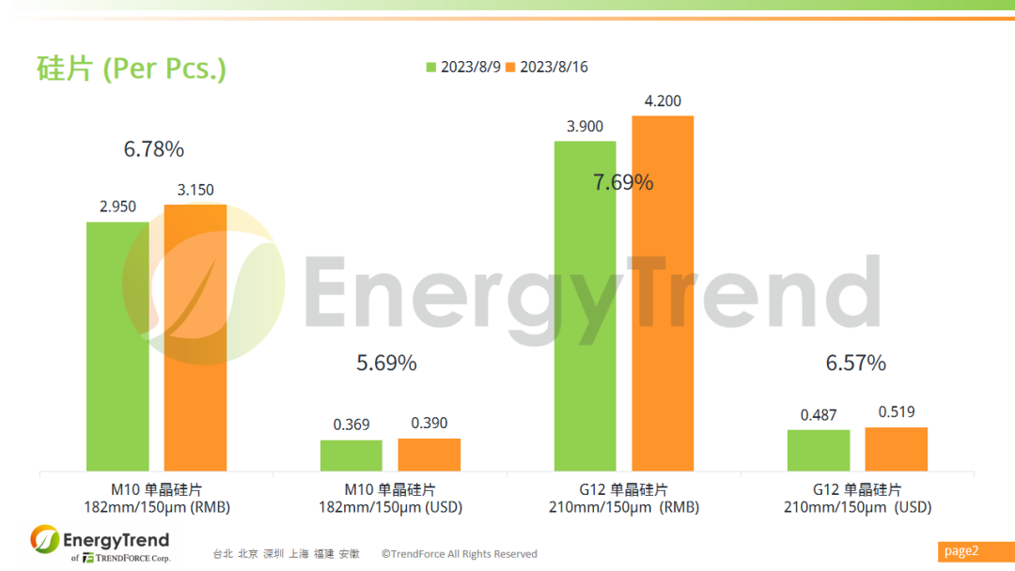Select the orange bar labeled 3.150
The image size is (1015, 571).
pos(195,337)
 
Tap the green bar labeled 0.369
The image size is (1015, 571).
pos(351,455)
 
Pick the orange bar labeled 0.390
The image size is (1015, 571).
pos(429,455)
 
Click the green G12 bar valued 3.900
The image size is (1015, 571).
pos(585,305)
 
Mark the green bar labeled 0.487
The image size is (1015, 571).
pos(819,450)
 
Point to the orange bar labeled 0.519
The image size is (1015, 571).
pos(897,449)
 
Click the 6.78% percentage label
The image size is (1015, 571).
pos(154,148)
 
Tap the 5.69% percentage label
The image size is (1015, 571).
pos(386,363)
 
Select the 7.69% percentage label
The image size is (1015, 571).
pos(623,182)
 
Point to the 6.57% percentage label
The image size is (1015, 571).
pos(856,363)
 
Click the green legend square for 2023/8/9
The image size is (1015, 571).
pos(431,67)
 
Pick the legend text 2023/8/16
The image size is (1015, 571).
pos(554,67)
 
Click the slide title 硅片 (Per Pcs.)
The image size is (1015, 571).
pos(132,69)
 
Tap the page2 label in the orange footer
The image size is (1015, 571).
pos(961,551)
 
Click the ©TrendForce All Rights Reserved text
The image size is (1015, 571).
pos(460,554)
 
